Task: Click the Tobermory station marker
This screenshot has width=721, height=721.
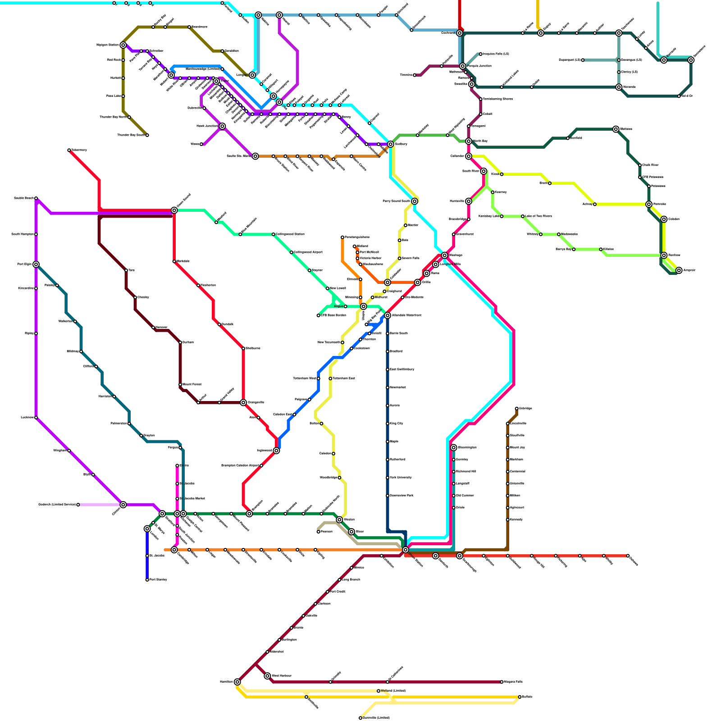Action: point(69,151)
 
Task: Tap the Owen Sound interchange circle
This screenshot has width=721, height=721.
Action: point(174,210)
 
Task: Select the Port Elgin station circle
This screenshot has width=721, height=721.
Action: point(36,265)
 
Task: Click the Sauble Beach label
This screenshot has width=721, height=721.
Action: point(23,198)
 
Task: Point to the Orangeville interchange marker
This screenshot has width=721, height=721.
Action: point(243,402)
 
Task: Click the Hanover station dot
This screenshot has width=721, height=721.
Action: point(153,328)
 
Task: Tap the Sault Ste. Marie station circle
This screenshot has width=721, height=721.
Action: point(256,156)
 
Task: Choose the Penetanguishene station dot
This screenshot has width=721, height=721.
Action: point(342,237)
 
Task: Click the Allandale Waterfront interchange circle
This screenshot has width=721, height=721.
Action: point(388,315)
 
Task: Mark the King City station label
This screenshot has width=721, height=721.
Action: point(397,424)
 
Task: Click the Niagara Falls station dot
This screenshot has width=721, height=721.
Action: point(502,682)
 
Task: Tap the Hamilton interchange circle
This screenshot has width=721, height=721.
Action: point(237,682)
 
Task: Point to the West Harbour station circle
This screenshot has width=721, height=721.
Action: point(268,676)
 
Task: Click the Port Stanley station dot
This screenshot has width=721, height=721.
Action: point(147,580)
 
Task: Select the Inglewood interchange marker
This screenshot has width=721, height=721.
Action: point(276,451)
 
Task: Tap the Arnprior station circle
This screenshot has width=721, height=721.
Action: point(679,270)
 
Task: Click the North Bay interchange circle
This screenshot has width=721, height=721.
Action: point(469,141)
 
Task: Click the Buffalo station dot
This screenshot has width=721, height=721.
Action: point(520,697)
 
